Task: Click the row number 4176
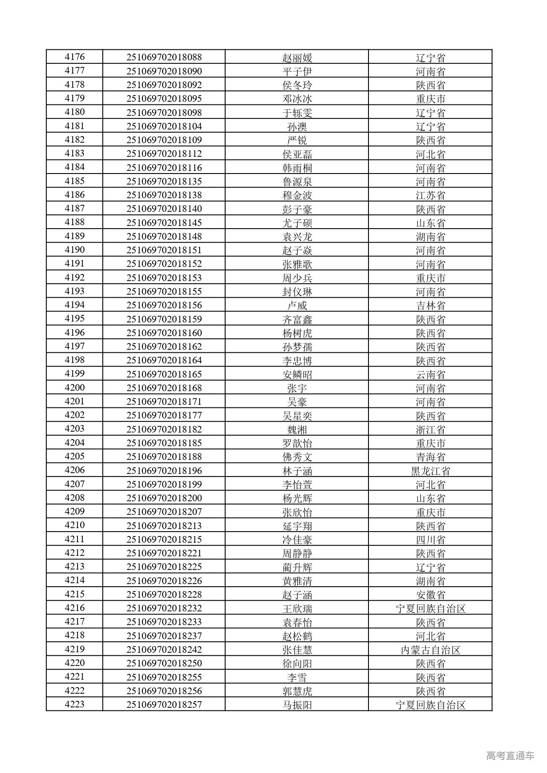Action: pos(74,57)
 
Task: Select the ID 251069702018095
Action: pos(164,98)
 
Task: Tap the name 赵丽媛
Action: pos(297,58)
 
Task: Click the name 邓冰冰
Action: pos(297,99)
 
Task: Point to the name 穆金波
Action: pos(297,195)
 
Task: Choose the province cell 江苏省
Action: pos(430,195)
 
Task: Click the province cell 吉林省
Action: pos(430,305)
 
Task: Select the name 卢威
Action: pos(297,305)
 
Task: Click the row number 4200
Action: pos(74,388)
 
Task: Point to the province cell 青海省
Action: pos(430,457)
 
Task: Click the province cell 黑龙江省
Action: pos(430,471)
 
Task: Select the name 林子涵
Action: pos(297,471)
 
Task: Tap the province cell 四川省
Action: pos(430,540)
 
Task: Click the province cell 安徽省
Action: pos(430,595)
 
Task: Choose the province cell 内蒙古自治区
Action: pos(430,650)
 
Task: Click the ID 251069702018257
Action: pos(164,705)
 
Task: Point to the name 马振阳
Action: pos(297,705)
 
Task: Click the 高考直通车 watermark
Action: pos(510,755)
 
